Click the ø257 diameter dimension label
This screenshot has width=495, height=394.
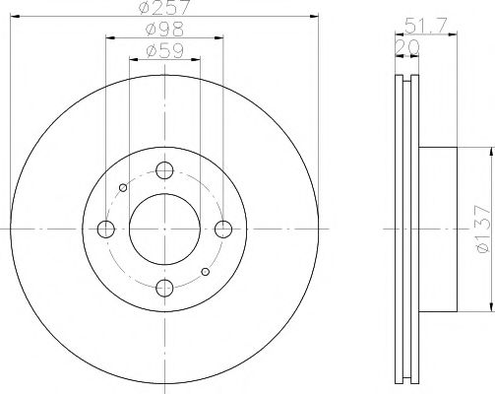[x=164, y=8]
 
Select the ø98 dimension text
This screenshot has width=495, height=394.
[x=164, y=30]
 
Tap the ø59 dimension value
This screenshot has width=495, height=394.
[x=164, y=49]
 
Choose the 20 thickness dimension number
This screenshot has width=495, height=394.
[x=405, y=46]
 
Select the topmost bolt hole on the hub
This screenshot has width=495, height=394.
[x=164, y=168]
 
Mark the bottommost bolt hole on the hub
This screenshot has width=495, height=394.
[x=164, y=288]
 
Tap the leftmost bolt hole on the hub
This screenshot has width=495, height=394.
[x=105, y=229]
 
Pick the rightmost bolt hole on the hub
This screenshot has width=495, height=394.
[x=223, y=229]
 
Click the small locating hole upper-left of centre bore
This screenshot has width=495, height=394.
[x=122, y=187]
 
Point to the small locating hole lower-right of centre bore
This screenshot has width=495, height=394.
[x=205, y=271]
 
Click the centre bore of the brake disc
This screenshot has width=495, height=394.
[x=164, y=229]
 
